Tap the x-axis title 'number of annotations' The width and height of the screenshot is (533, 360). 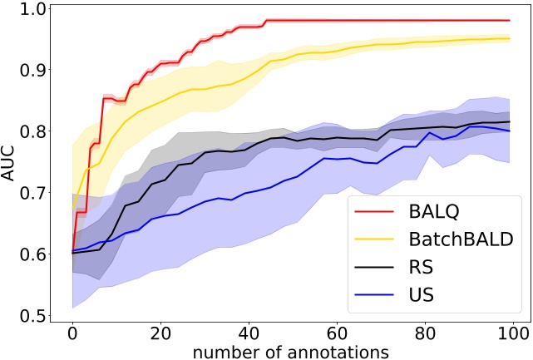[291, 351]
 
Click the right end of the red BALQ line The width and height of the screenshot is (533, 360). [509, 20]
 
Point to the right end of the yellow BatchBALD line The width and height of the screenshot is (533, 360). [509, 38]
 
